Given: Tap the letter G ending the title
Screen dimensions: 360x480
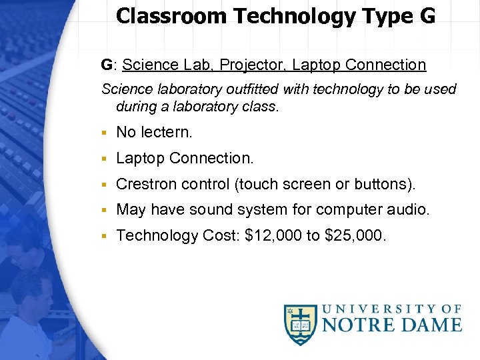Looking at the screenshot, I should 427,16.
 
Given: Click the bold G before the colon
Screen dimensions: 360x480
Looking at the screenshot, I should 107,65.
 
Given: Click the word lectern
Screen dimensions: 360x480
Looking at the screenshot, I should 166,132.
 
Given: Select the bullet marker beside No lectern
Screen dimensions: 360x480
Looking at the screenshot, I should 105,133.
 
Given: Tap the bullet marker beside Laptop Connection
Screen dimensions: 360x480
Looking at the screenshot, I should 105,159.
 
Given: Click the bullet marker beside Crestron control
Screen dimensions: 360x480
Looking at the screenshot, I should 105,185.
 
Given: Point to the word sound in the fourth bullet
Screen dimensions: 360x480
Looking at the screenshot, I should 211,210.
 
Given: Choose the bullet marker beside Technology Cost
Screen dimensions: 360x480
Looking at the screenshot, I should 105,236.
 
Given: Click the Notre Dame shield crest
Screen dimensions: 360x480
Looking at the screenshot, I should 301,325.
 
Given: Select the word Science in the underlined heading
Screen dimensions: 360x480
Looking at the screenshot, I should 149,65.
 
